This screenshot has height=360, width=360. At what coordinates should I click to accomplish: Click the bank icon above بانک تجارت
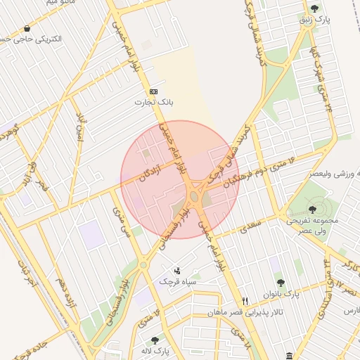coord(153,92)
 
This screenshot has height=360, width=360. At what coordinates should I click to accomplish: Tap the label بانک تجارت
coord(153,103)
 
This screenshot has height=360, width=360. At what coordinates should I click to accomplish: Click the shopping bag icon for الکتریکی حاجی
coord(27,29)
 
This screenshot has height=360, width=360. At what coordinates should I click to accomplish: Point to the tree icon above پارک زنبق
coord(314,8)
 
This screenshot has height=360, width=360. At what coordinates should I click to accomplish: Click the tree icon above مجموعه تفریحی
coord(312,209)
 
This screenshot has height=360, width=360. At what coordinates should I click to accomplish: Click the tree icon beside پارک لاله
coord(155,340)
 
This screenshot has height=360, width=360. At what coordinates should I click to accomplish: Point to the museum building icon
coord(290,354)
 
